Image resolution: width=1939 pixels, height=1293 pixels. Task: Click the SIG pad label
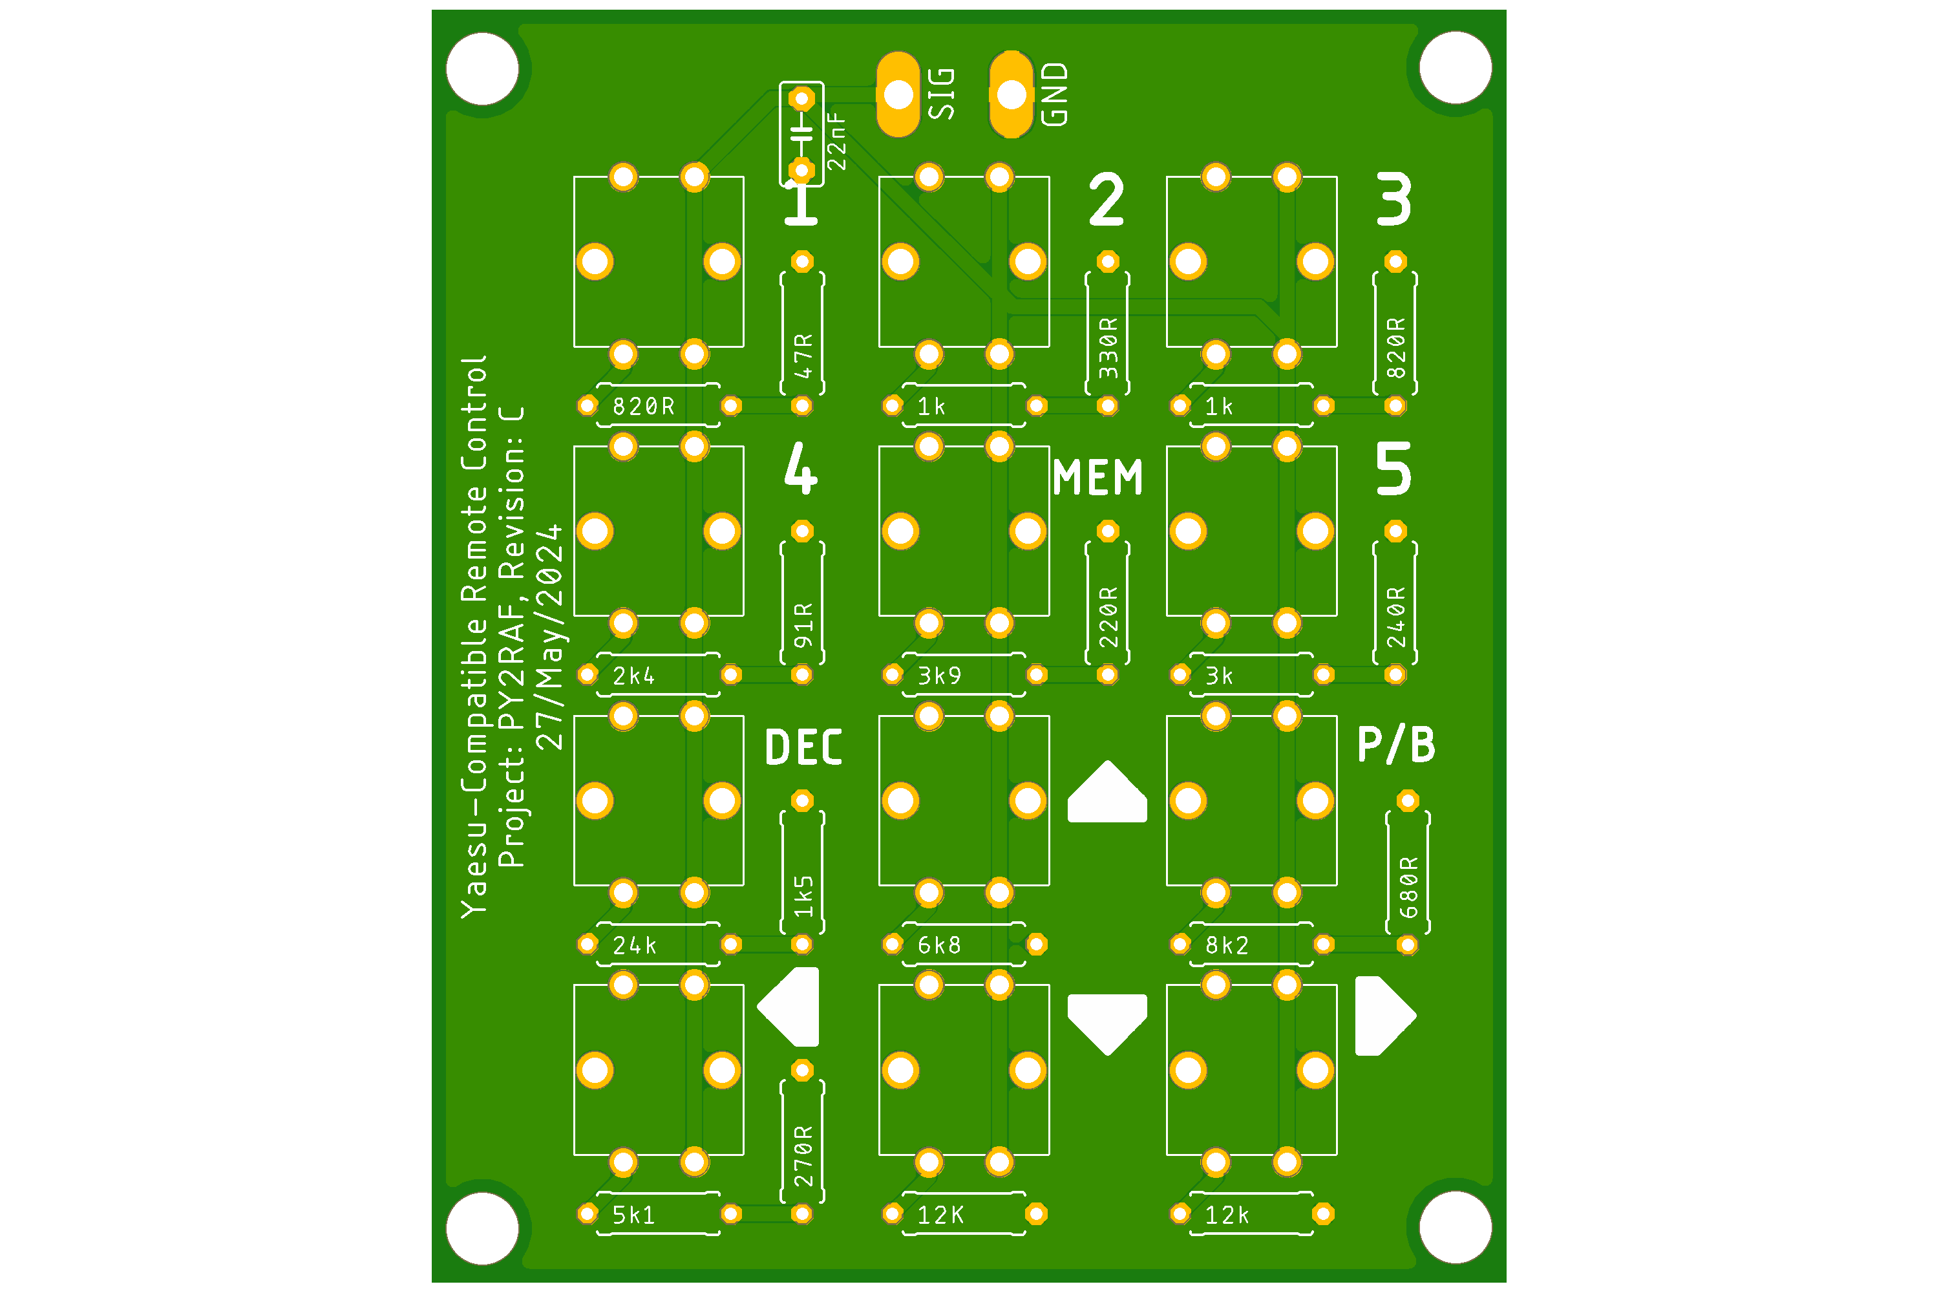(x=942, y=94)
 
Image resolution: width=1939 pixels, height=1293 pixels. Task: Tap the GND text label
(x=1054, y=94)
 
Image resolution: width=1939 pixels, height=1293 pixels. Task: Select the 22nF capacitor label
(x=836, y=141)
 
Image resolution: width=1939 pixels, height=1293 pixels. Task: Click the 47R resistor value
(x=803, y=356)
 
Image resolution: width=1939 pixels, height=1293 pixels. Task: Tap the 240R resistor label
(x=1395, y=616)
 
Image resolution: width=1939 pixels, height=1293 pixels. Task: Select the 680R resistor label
(x=1409, y=886)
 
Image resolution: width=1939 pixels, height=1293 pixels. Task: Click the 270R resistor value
(x=803, y=1155)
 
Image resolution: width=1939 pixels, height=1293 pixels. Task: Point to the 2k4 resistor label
(x=633, y=676)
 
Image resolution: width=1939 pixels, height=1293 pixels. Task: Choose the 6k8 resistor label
(x=939, y=945)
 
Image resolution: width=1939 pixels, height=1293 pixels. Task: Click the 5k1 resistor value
(x=633, y=1215)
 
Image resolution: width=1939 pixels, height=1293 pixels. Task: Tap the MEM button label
(x=1097, y=478)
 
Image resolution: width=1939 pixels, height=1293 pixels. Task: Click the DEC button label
(x=804, y=748)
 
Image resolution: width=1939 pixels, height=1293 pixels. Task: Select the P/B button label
(x=1395, y=745)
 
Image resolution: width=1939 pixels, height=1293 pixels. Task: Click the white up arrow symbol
(x=1107, y=793)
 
